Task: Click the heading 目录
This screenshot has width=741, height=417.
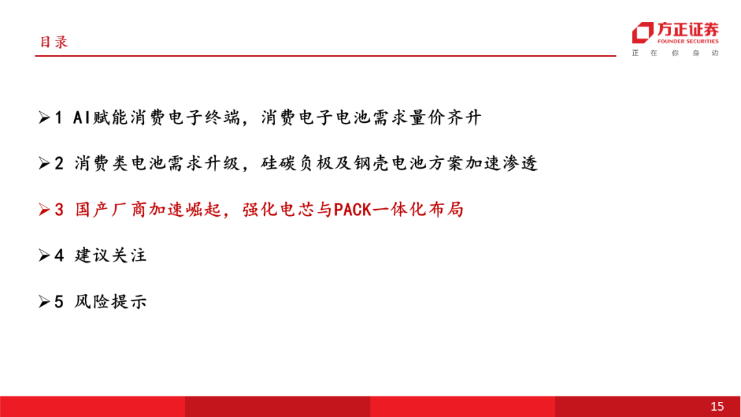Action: tap(54, 42)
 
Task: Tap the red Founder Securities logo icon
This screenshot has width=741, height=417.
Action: tap(643, 33)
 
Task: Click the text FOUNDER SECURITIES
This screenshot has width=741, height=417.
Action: tap(687, 41)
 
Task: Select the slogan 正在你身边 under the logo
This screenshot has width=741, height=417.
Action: tap(675, 53)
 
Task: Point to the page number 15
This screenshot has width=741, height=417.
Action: tap(717, 406)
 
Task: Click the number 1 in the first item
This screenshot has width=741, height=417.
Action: tap(58, 117)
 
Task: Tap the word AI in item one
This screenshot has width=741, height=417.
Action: tap(81, 117)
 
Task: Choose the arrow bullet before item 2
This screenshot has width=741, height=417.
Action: tap(45, 163)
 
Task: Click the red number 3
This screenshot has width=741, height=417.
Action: tap(59, 209)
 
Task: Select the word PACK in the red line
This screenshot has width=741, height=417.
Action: tap(353, 209)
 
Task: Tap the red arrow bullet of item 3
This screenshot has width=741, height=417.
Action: tap(45, 209)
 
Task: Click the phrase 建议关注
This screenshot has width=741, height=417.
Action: tap(110, 256)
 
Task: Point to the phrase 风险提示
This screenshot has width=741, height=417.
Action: tap(110, 301)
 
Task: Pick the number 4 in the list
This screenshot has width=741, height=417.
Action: tap(59, 256)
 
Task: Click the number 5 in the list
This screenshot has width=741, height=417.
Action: tap(59, 301)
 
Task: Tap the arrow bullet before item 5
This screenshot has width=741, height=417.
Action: tap(45, 301)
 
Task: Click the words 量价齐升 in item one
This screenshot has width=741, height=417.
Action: tap(445, 117)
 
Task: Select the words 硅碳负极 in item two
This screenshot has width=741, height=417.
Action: tap(296, 163)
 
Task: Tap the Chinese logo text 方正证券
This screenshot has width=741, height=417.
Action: tap(687, 29)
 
